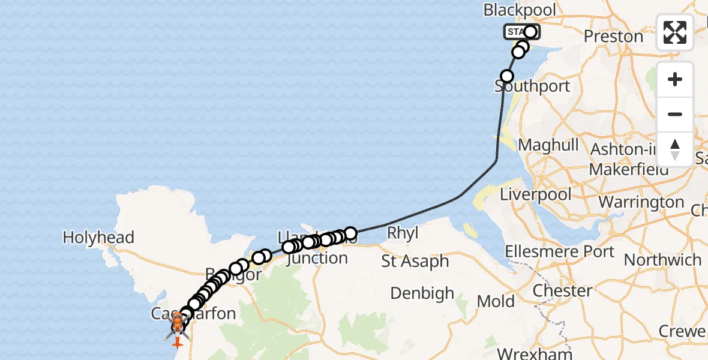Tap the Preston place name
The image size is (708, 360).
point(613,37)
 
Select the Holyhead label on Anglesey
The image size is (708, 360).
point(98,238)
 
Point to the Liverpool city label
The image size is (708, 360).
point(536,195)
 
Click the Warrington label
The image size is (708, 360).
point(641,202)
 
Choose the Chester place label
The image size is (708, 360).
point(563,291)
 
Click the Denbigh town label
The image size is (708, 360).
point(422,293)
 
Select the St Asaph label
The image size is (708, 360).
point(415,262)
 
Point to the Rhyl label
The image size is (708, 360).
point(403,233)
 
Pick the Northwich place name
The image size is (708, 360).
point(662,260)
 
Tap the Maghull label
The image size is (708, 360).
point(548,145)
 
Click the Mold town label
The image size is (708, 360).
point(496,301)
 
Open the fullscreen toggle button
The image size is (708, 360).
point(675,32)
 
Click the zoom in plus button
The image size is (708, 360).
point(675,79)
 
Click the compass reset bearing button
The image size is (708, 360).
point(675,149)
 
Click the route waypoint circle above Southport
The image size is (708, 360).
point(507,76)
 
